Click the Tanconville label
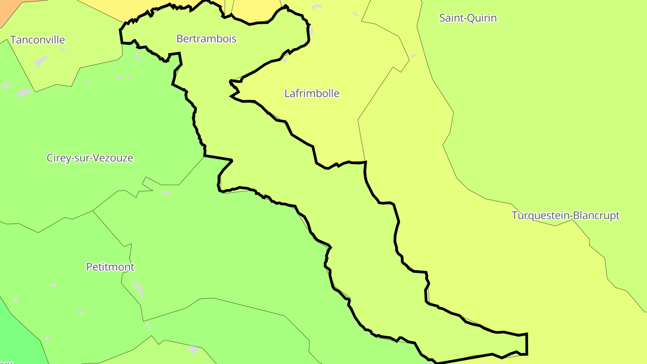click(38, 40)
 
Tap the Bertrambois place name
click(206, 39)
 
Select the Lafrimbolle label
click(312, 93)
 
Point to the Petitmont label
click(110, 267)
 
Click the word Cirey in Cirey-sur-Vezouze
click(58, 158)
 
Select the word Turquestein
click(541, 216)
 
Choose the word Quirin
click(483, 18)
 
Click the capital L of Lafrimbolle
click(287, 93)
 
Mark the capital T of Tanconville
click(13, 40)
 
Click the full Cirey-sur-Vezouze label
click(90, 158)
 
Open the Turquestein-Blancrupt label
click(566, 216)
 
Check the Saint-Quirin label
click(468, 18)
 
